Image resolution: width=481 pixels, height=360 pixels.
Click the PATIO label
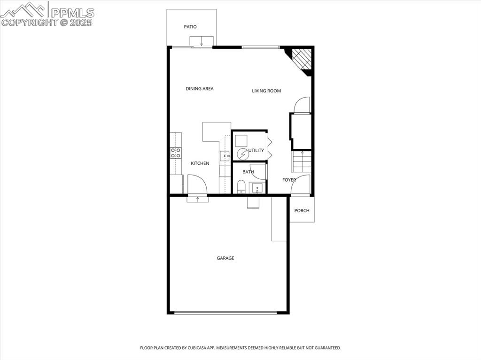coord(190,27)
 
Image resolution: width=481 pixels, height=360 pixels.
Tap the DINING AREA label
coord(200,89)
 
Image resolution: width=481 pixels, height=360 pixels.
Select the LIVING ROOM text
coord(266,91)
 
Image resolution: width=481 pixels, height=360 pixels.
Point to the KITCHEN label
coord(200,163)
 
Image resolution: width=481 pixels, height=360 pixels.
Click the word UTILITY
coord(256,151)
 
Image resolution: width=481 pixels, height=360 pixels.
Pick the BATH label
coord(248,172)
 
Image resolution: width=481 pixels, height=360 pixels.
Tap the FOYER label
coord(289,180)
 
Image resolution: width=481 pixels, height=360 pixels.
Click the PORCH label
coord(302,210)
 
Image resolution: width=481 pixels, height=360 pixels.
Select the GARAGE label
coord(225,258)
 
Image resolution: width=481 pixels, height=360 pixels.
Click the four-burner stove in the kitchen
coord(176,152)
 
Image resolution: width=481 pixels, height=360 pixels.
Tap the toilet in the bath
coord(241,187)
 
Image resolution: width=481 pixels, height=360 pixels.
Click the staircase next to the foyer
coord(302,161)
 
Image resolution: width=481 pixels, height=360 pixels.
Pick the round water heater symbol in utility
coord(242,154)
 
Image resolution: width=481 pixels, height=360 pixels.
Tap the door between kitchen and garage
coord(197,185)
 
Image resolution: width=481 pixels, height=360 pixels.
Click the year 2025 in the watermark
coord(82,22)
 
